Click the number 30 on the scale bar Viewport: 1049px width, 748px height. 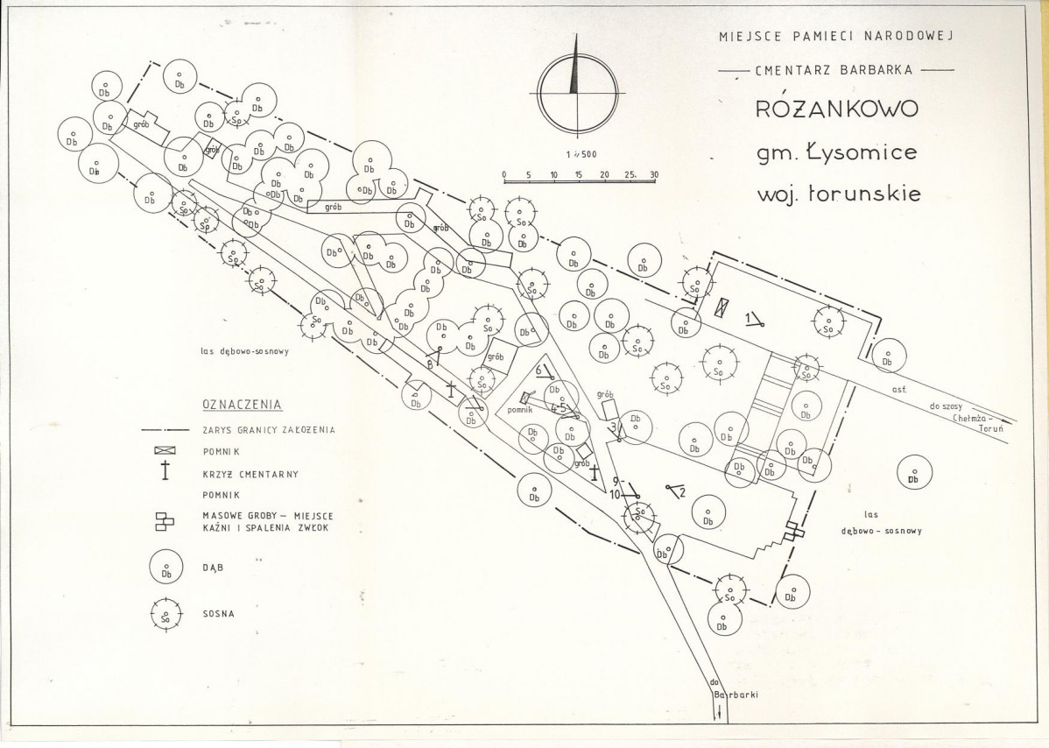[x=652, y=175]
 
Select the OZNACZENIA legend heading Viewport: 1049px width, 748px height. [x=242, y=405]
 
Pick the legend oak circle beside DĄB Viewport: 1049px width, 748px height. [x=165, y=568]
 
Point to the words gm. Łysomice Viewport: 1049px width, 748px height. [x=836, y=152]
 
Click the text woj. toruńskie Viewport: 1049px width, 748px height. [x=838, y=194]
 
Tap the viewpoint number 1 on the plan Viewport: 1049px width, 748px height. [x=749, y=316]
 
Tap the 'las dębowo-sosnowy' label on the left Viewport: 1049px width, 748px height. [x=244, y=352]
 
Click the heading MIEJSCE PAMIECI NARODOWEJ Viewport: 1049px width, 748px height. [x=834, y=37]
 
